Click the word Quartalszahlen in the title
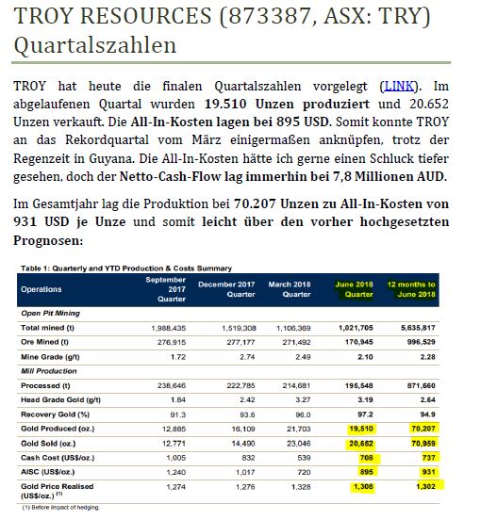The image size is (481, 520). point(78,44)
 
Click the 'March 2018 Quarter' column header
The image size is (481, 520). point(290,289)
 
